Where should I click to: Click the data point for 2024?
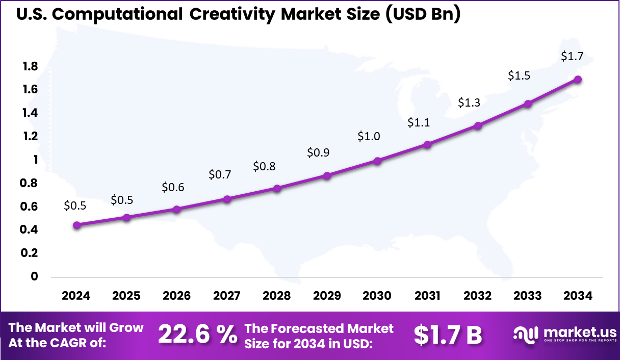(x=76, y=225)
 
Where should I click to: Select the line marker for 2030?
(x=377, y=161)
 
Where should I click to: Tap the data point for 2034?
(x=578, y=80)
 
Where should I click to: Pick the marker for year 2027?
(x=227, y=199)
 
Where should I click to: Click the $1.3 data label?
(x=469, y=102)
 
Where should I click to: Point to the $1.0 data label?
(x=368, y=136)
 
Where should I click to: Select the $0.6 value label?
(x=173, y=187)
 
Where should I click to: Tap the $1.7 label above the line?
(x=572, y=57)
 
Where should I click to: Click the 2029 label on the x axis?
(x=327, y=296)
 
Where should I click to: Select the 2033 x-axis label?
(x=528, y=296)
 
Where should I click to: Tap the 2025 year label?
(x=126, y=296)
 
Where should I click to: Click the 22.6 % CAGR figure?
(x=198, y=335)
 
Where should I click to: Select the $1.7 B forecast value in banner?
(x=448, y=335)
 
